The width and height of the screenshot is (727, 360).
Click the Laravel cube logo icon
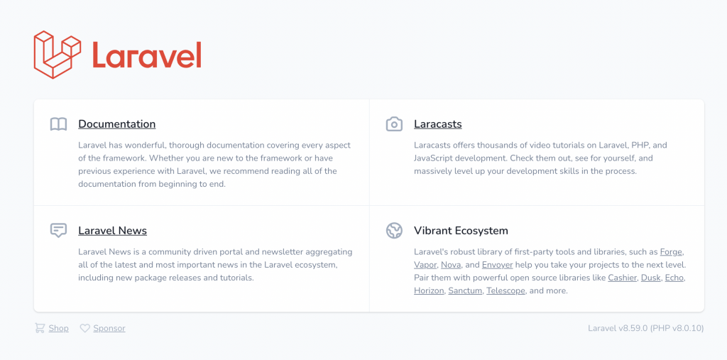(x=58, y=55)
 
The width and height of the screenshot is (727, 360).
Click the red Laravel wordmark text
(x=146, y=55)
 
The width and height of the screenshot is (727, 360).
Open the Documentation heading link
(x=117, y=124)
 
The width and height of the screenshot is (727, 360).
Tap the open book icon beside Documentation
(x=58, y=124)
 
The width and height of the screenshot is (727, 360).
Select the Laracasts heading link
(x=437, y=124)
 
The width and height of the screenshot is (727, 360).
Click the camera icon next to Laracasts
(x=394, y=124)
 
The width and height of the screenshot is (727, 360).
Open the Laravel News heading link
(x=113, y=231)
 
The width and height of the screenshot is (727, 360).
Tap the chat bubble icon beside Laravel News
(x=58, y=231)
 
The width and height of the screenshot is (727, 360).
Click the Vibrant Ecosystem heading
(x=461, y=231)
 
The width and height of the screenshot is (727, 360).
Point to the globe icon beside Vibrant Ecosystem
(x=394, y=231)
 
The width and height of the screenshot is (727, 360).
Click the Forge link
(x=671, y=252)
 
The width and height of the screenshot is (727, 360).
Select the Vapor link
(x=426, y=266)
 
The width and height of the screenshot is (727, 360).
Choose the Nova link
(x=451, y=266)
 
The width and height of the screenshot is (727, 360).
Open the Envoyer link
(x=498, y=266)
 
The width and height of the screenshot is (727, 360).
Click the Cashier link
(x=623, y=278)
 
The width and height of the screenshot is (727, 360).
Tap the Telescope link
(x=505, y=291)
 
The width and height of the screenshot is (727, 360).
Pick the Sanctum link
(x=466, y=291)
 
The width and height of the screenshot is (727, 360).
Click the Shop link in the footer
(x=58, y=329)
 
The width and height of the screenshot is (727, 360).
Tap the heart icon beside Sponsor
(x=85, y=329)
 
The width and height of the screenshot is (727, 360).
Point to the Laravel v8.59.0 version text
(x=618, y=329)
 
